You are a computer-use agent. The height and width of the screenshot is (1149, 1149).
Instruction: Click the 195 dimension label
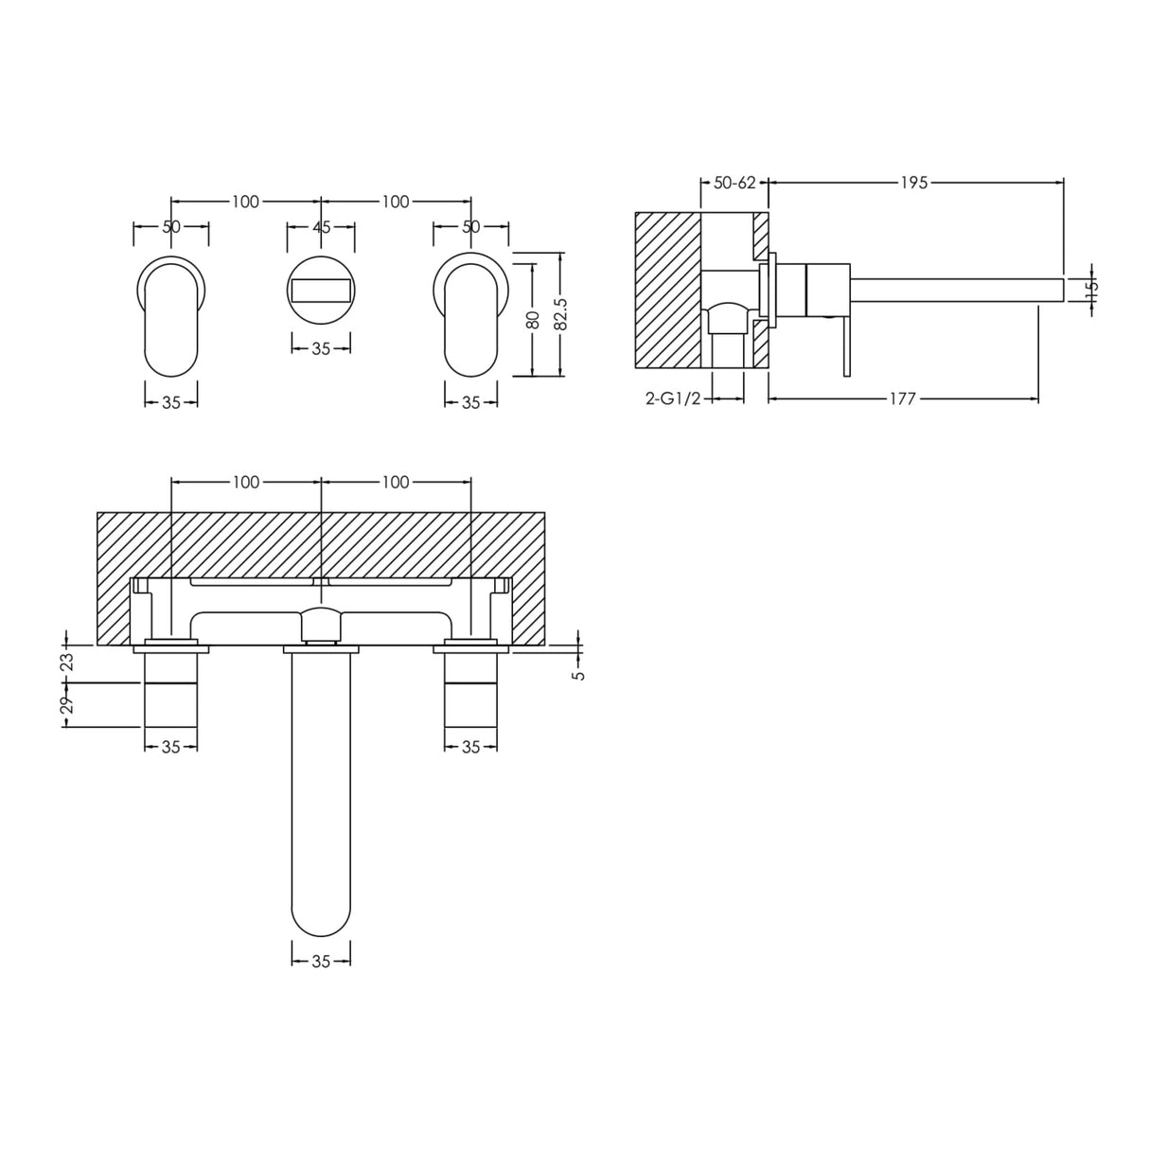click(914, 183)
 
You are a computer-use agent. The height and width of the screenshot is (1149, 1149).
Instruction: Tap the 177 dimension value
click(902, 399)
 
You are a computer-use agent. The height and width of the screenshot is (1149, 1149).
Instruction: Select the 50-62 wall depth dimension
click(734, 183)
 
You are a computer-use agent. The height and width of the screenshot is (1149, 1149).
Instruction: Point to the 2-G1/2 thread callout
click(673, 399)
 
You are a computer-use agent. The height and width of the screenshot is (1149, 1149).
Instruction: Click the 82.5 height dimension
click(560, 313)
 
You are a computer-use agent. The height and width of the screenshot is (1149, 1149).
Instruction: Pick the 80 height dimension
click(534, 320)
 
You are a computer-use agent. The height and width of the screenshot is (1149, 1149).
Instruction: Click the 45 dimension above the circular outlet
click(321, 226)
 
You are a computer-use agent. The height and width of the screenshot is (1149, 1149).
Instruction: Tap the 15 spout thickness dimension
click(1089, 289)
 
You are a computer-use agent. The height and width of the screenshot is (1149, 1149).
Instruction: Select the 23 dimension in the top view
click(66, 662)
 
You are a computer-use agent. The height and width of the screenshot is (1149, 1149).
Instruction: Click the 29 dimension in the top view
click(66, 705)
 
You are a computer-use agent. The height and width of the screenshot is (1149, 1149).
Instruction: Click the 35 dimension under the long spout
click(321, 962)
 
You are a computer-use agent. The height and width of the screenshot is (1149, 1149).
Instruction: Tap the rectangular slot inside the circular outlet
click(321, 290)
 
